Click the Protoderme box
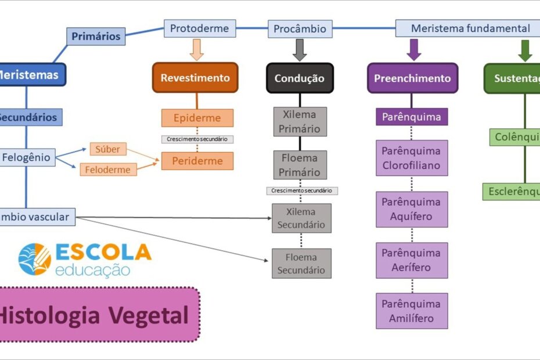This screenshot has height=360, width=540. [200, 28]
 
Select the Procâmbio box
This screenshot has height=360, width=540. [300, 28]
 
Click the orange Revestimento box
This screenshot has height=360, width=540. [195, 78]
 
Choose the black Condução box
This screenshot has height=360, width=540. [300, 78]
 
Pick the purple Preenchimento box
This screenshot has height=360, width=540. [412, 78]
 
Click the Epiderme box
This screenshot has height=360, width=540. [197, 118]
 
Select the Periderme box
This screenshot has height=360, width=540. [197, 161]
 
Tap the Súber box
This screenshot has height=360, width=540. [108, 149]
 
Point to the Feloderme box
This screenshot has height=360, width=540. [108, 170]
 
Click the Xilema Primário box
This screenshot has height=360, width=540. [300, 121]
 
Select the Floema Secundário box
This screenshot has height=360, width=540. [301, 264]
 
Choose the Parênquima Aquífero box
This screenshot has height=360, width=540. [412, 209]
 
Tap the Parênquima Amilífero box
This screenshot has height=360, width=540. [412, 311]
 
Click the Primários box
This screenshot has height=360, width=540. [96, 37]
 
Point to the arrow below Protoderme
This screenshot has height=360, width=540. [197, 50]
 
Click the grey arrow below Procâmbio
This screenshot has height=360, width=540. [300, 50]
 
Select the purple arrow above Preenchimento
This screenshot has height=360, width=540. [413, 50]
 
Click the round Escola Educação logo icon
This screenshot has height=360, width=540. [34, 259]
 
